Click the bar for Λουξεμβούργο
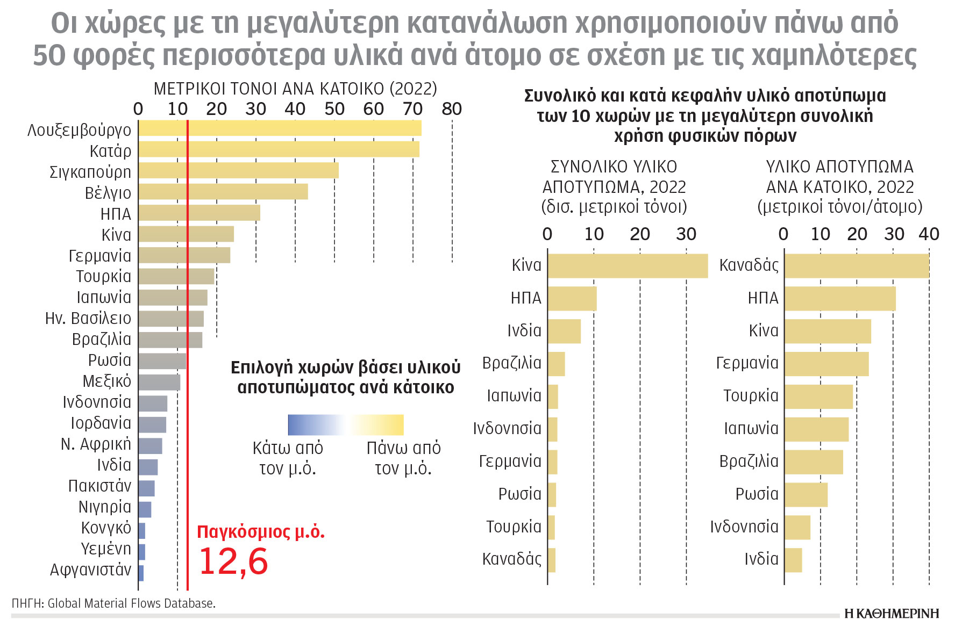coord(280,128)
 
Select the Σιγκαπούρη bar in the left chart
coord(238,171)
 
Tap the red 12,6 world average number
coord(233,561)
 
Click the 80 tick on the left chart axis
coord(452,109)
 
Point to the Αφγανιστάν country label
coord(90,570)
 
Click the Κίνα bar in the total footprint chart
coord(628,266)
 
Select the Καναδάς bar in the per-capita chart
coord(857,266)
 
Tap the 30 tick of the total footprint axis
coord(686,234)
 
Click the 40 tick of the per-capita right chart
coord(929,234)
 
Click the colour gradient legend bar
coord(346,424)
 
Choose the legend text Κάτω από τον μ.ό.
coord(288,458)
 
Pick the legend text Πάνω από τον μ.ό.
coord(403,458)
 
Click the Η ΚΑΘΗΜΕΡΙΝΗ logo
coord(892,614)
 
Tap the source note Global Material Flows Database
coord(113,603)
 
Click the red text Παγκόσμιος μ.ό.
coord(261,532)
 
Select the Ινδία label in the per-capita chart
coord(761,559)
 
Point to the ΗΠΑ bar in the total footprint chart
coord(572,299)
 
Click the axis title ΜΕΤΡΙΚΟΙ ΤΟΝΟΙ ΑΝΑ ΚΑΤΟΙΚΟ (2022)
coord(295,89)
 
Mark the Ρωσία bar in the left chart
coord(162,361)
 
